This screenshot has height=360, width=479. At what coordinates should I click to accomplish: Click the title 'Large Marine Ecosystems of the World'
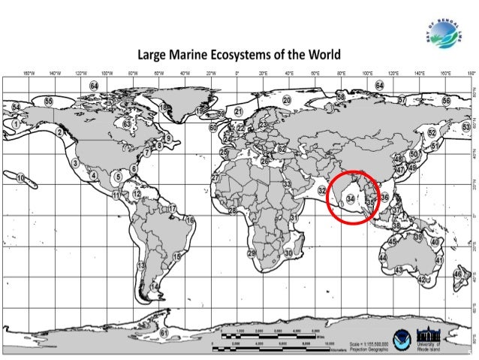[x=238, y=55]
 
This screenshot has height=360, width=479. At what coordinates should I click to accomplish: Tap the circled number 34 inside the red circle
[x=351, y=199]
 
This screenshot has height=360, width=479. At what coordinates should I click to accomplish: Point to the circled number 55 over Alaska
[x=49, y=101]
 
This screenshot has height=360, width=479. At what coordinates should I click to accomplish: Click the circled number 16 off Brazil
[x=190, y=220]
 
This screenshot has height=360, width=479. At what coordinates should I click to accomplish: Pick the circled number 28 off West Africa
[x=233, y=210]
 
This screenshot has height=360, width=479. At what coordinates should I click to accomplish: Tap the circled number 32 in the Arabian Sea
[x=322, y=191]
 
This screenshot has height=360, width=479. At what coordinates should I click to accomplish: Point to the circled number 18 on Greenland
[x=164, y=108]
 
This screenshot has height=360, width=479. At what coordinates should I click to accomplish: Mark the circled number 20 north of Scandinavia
[x=287, y=99]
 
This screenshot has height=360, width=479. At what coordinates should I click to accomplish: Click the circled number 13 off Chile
[x=140, y=266]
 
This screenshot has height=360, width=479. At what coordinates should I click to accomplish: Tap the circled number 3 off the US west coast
[x=76, y=162]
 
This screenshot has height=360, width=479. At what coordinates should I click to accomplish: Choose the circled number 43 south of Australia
[x=399, y=270]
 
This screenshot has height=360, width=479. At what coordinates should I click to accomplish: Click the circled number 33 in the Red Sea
[x=286, y=183]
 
